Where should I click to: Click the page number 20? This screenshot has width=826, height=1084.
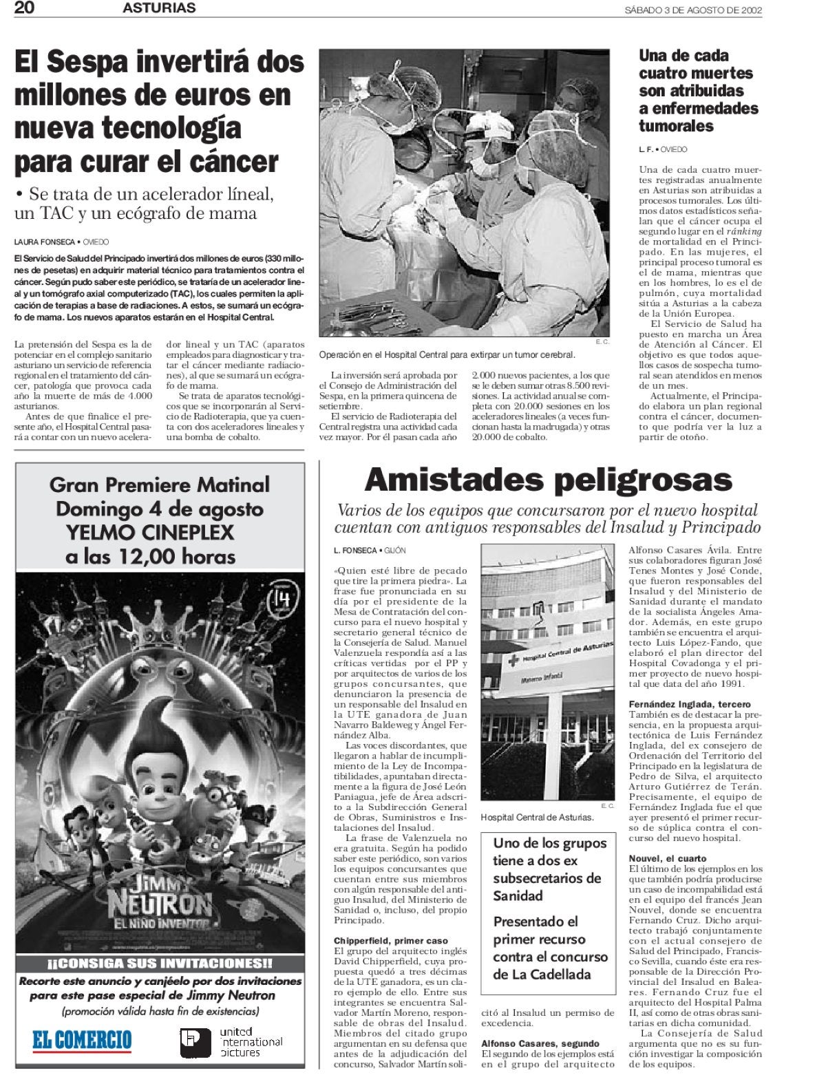tap(25, 8)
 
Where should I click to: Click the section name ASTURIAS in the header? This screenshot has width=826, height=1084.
tap(159, 8)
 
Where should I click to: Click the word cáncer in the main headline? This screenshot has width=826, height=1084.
tap(233, 162)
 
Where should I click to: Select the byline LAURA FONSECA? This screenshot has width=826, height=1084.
tap(44, 242)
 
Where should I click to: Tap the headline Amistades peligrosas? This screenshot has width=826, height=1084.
tap(548, 480)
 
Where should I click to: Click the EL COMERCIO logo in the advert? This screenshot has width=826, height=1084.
tap(82, 1040)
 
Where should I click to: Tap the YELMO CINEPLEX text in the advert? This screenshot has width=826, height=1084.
tap(150, 532)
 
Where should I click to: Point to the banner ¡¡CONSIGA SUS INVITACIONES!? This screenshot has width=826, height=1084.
tap(160, 963)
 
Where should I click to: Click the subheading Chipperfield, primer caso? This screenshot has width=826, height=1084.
tap(390, 940)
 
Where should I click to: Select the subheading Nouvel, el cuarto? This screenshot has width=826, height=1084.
tap(668, 858)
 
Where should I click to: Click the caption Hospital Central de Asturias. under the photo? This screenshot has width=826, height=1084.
tap(537, 817)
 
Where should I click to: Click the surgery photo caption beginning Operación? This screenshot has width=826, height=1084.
tap(447, 354)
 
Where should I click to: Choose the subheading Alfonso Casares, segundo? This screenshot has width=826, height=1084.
tap(540, 1043)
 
